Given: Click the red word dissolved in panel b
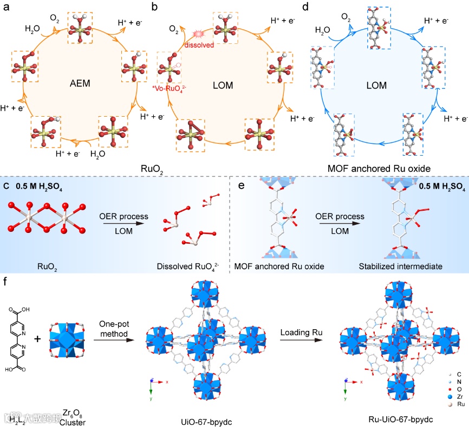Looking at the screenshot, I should pos(198,45).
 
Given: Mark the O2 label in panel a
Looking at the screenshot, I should pos(55,18).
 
